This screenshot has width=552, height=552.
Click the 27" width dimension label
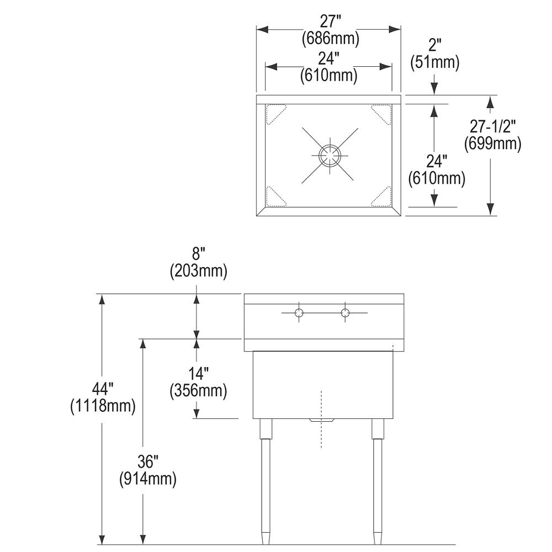coord(331,22)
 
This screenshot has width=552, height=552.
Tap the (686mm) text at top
coord(331,38)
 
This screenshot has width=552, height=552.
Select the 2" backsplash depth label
coord(435,45)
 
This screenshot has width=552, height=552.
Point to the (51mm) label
coord(435,62)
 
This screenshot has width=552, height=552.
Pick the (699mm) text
coord(492,144)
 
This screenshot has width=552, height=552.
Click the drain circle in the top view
coord(330,155)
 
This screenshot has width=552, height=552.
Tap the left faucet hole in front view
coord(299,312)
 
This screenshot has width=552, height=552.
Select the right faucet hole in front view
coord(346,312)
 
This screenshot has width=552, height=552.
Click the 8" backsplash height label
coord(199,254)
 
